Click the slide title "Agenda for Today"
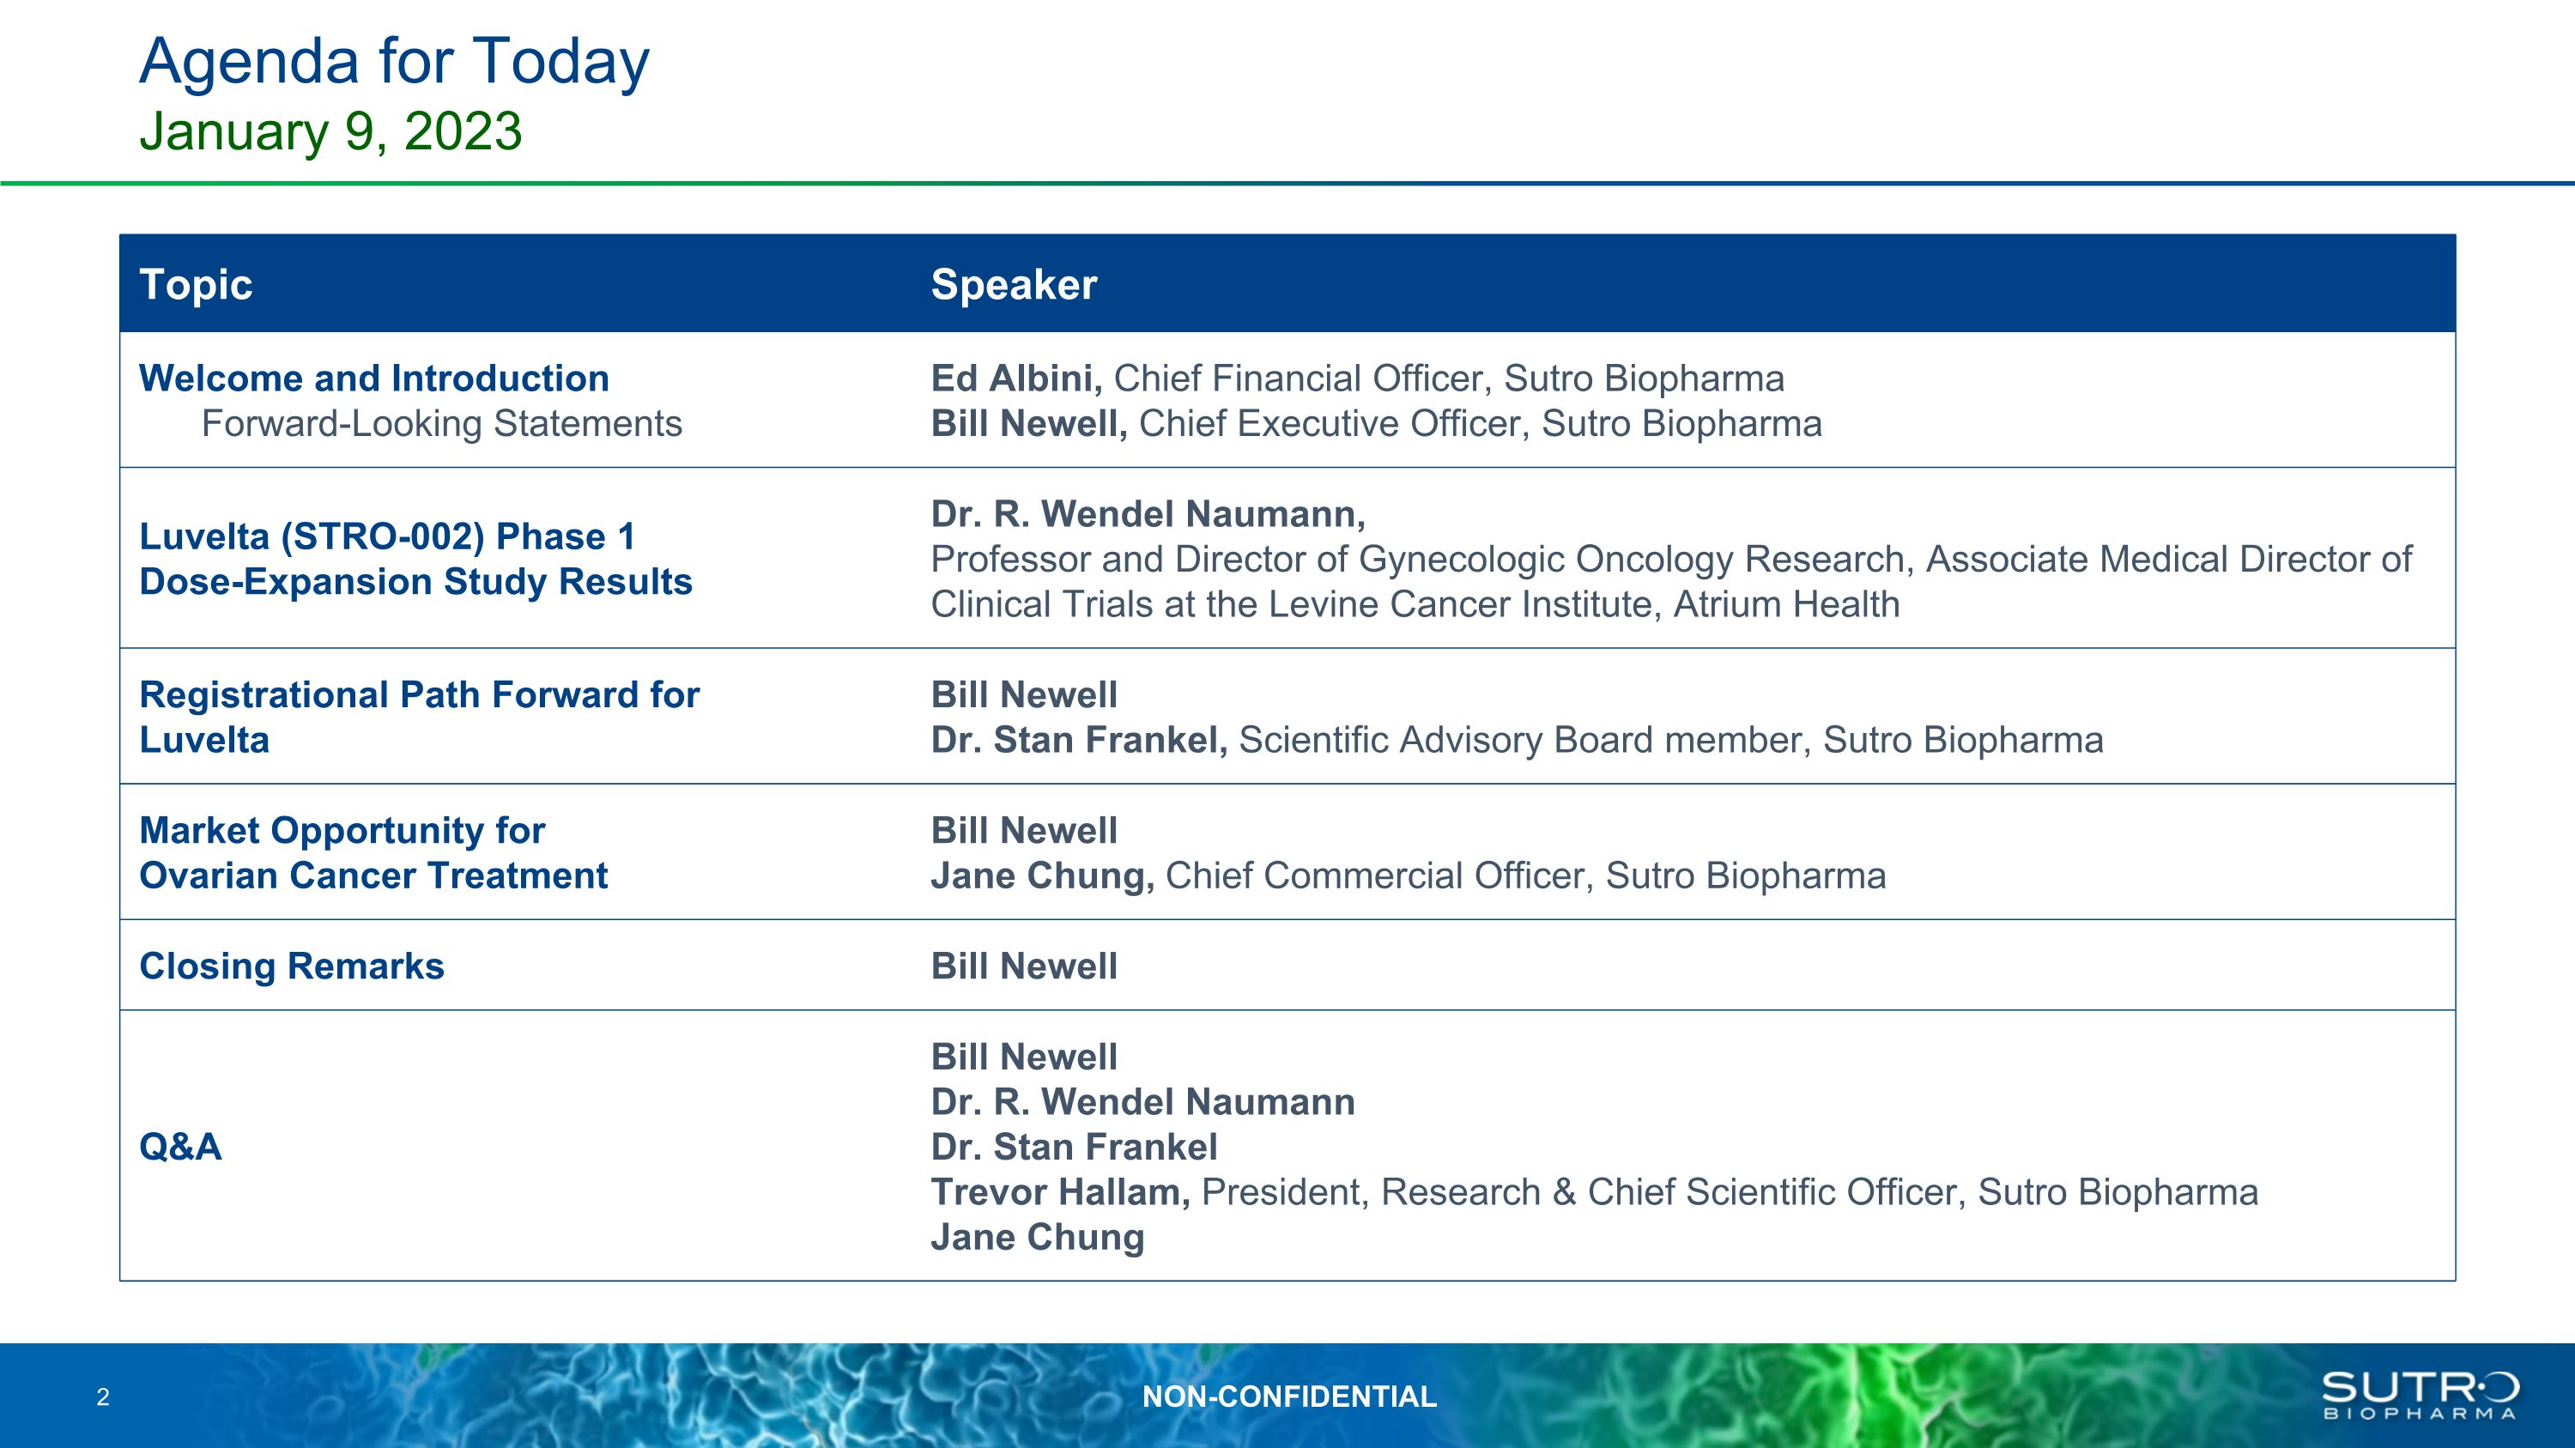pyautogui.click(x=394, y=62)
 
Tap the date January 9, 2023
pyautogui.click(x=330, y=131)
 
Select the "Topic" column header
pyautogui.click(x=196, y=285)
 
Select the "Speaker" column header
pyautogui.click(x=1014, y=286)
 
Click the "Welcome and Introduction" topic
pyautogui.click(x=374, y=379)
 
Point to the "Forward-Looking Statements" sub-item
pyautogui.click(x=442, y=424)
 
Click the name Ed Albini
pyautogui.click(x=1016, y=379)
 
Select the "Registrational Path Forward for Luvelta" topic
pyautogui.click(x=420, y=718)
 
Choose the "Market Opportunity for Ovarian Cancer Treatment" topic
pyautogui.click(x=373, y=853)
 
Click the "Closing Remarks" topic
pyautogui.click(x=292, y=966)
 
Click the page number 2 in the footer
pyautogui.click(x=103, y=1397)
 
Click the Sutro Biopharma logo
pyautogui.click(x=2420, y=1395)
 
